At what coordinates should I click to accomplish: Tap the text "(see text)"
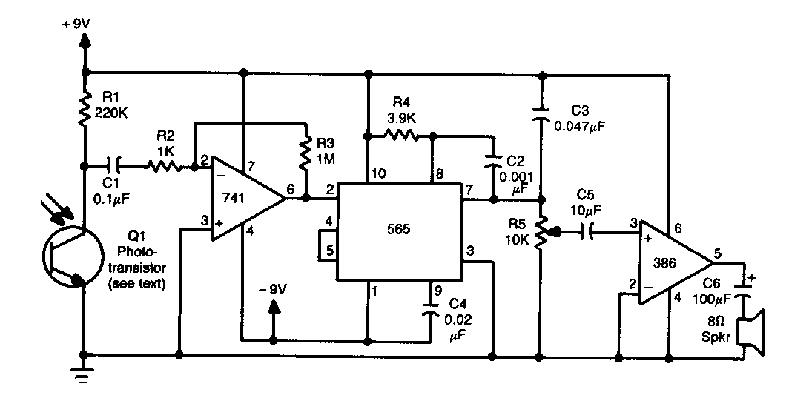(136, 283)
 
